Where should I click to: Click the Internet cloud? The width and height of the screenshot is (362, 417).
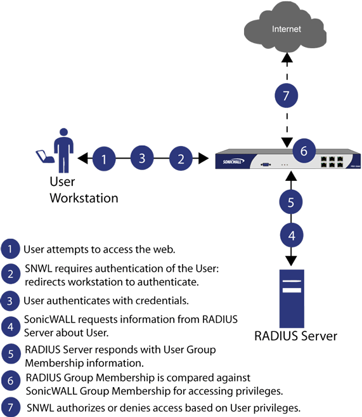point(287,29)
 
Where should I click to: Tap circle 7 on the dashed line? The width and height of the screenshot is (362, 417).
point(286,96)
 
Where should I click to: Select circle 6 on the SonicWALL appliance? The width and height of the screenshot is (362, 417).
point(303,151)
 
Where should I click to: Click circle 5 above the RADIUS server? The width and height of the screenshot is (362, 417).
point(291,202)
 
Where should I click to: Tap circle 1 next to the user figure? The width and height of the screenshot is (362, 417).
point(104,159)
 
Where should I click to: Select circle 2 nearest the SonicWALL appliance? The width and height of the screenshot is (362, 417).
point(181,159)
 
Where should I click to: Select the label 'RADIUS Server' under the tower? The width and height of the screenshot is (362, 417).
point(295,336)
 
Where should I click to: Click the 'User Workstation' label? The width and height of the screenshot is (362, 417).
point(83,190)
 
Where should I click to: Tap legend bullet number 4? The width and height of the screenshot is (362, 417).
point(11,326)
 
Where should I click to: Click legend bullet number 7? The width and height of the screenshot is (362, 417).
point(11,406)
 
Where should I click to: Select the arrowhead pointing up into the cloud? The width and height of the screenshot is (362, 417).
point(287,58)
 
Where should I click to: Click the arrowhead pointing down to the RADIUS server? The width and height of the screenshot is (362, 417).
point(291,260)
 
